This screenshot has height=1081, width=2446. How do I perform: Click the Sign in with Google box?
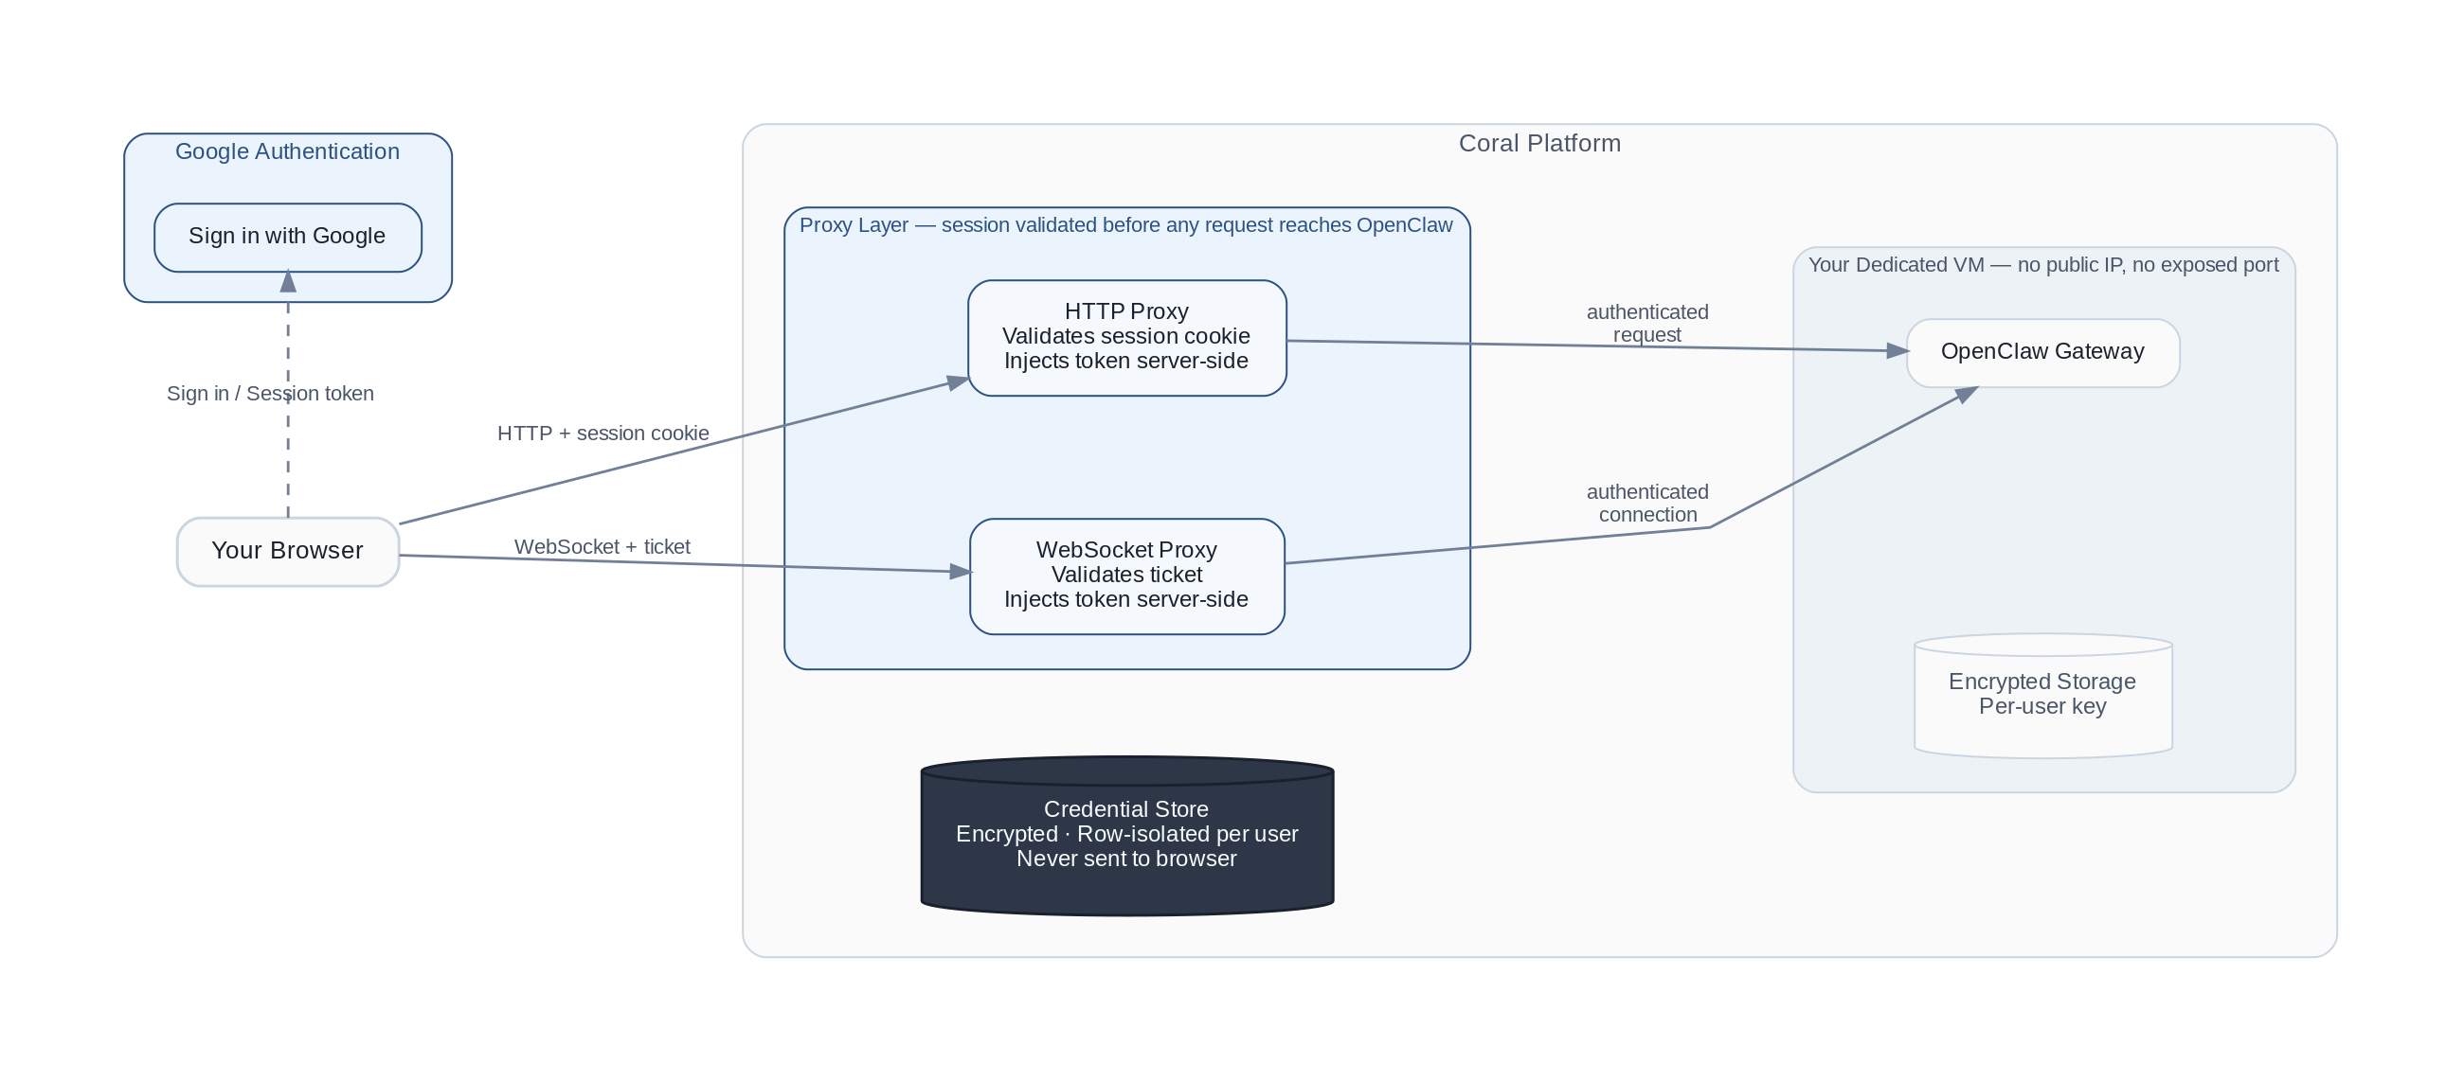(288, 238)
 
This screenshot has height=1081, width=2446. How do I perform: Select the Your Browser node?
(288, 552)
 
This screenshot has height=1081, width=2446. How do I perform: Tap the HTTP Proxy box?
(1126, 338)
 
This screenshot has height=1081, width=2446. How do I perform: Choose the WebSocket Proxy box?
(1126, 576)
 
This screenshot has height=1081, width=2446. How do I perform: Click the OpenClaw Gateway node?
(2042, 353)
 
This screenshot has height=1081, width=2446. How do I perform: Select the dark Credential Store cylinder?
(1127, 836)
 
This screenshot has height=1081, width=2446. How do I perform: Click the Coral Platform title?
(1539, 144)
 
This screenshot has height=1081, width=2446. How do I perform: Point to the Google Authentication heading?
(288, 151)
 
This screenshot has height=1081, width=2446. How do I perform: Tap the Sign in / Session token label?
(271, 394)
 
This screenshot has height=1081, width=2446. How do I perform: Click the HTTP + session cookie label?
(603, 434)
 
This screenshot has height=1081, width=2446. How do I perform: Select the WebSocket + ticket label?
(602, 548)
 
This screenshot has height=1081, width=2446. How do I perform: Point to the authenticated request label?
(1646, 324)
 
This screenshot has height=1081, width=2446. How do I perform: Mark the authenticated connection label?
(1646, 504)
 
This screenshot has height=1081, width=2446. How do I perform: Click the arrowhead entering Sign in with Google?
(288, 282)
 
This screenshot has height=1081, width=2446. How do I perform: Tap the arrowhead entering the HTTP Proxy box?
(957, 382)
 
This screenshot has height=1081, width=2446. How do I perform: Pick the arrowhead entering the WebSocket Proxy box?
(960, 572)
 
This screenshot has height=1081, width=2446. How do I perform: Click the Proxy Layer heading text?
(1125, 226)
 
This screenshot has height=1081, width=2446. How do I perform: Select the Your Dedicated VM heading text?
(2042, 266)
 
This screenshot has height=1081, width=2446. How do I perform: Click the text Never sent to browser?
(1126, 859)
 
